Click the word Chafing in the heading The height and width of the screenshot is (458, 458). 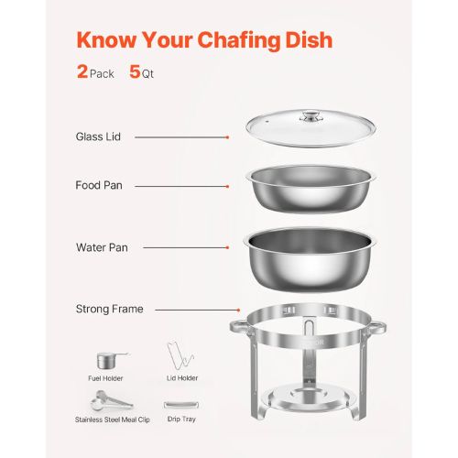click(239, 41)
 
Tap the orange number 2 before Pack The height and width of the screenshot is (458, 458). click(82, 71)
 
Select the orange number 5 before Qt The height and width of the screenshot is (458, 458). click(135, 71)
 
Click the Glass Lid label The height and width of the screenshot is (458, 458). click(98, 136)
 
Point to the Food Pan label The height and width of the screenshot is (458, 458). click(99, 185)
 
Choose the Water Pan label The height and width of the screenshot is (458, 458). click(102, 247)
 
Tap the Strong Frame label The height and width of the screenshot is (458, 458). click(110, 309)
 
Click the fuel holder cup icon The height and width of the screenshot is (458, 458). click(112, 361)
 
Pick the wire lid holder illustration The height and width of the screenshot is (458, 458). click(180, 356)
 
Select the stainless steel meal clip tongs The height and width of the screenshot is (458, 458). click(112, 400)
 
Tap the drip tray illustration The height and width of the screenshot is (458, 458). click(181, 405)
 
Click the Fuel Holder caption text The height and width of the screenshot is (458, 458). click(105, 378)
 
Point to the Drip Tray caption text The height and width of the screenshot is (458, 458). click(181, 420)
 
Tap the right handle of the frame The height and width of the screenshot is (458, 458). click(378, 327)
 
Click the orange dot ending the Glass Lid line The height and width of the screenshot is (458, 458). click(227, 137)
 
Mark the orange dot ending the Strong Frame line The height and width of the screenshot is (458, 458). click(238, 310)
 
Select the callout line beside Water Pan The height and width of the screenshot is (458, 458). click(186, 247)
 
